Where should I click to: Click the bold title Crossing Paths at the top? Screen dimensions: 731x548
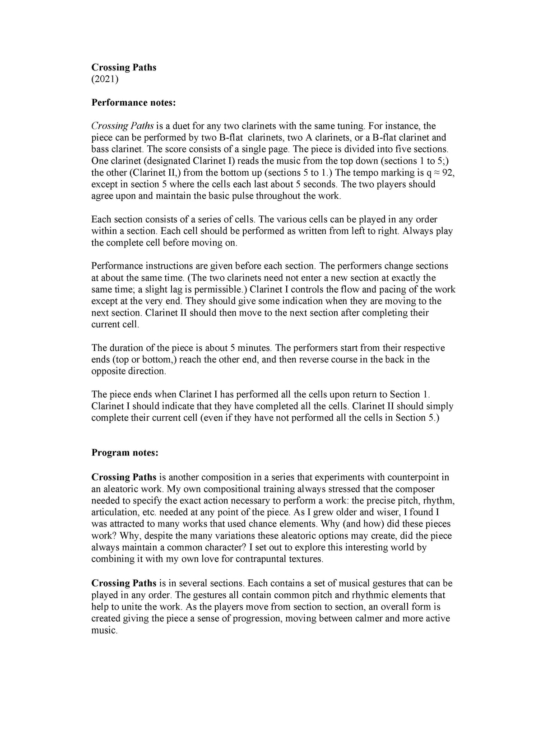click(x=124, y=67)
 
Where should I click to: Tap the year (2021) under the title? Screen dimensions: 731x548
click(x=105, y=79)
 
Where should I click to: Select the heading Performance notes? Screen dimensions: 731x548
click(x=133, y=102)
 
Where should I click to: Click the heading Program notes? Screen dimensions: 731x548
click(x=125, y=452)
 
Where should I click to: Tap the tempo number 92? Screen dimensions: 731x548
click(x=448, y=172)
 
